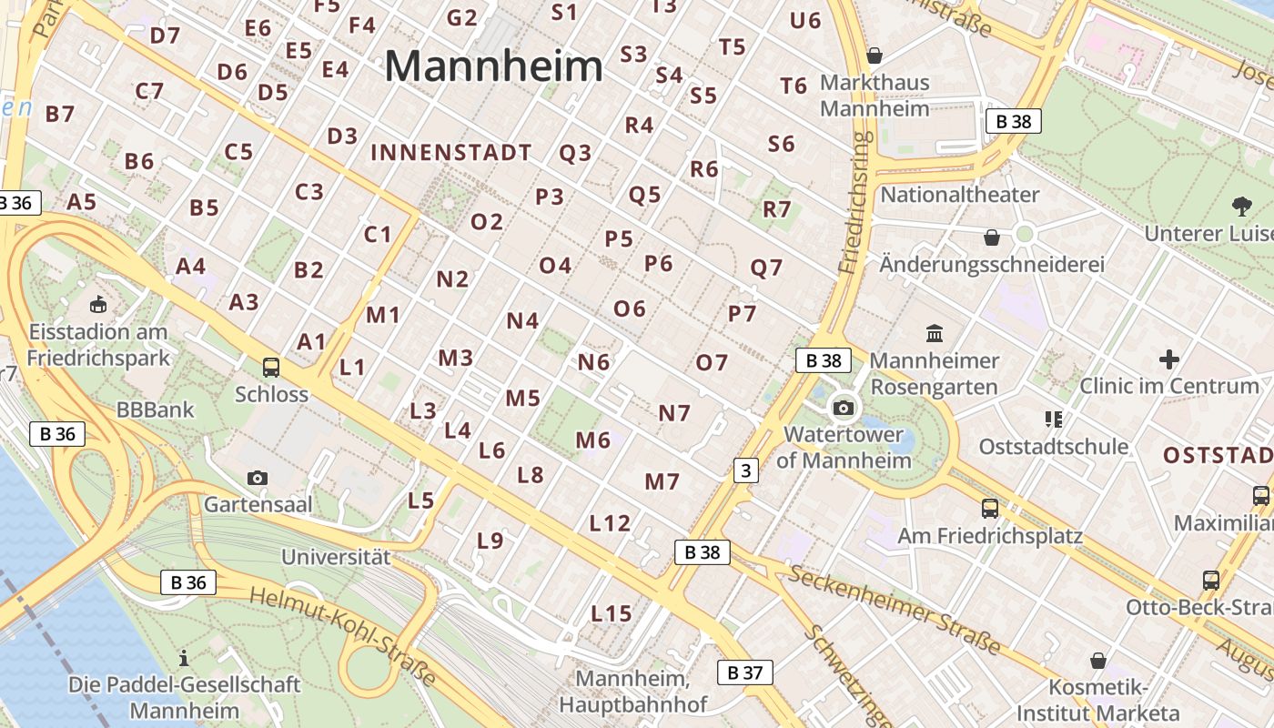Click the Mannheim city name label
pos(493,66)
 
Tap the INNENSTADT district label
pos(450,152)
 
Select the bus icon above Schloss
pos(271,368)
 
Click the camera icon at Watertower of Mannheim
pos(844,408)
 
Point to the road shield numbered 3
pos(746,470)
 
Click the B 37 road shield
pos(745,672)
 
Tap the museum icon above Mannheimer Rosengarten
pos(935,333)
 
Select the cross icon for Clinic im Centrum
pos(1169,359)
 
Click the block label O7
pos(712,363)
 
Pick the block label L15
pos(611,613)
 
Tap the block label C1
pos(378,235)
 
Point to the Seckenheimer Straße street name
pos(895,609)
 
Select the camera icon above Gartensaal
pos(258,478)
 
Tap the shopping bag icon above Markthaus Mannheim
pos(875,56)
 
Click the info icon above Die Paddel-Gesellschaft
pos(184,657)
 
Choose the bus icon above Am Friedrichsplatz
pos(990,509)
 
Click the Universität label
pos(336,557)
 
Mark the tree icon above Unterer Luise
pos(1241,207)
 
